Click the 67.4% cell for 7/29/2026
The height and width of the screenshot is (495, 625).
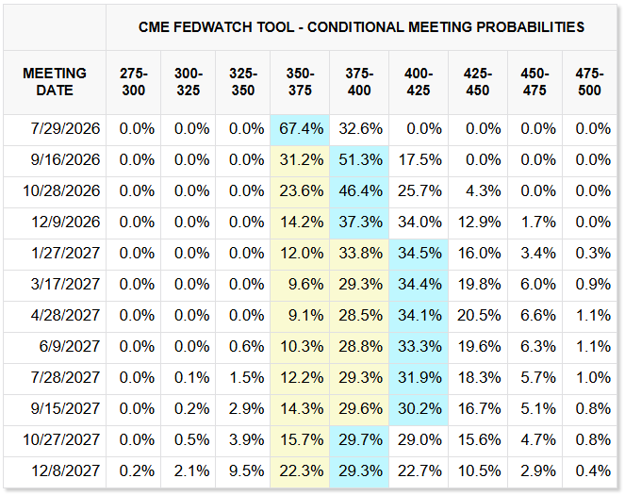[302, 129]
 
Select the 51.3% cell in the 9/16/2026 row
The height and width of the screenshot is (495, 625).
[361, 160]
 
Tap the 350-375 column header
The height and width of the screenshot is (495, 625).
[300, 82]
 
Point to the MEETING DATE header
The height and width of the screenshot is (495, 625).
[55, 82]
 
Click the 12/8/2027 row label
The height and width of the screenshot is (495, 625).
[66, 471]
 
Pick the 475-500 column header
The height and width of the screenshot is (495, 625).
[589, 82]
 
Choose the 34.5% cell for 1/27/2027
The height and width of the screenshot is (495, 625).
[419, 254]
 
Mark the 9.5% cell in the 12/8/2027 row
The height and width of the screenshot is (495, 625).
[246, 471]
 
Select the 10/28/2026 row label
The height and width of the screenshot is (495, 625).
[61, 191]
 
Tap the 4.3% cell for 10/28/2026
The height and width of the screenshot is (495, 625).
[483, 191]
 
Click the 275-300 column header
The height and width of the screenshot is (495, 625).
[134, 82]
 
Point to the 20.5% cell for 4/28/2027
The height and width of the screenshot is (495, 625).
[479, 316]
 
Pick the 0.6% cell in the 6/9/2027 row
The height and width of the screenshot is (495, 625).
[246, 347]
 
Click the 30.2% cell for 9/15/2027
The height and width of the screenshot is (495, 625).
[419, 409]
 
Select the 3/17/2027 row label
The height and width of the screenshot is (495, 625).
[65, 285]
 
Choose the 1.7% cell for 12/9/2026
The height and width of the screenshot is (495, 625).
[538, 223]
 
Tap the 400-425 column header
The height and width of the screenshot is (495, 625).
[419, 82]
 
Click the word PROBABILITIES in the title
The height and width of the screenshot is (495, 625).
[531, 27]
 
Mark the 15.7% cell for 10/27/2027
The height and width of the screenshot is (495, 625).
[302, 440]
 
